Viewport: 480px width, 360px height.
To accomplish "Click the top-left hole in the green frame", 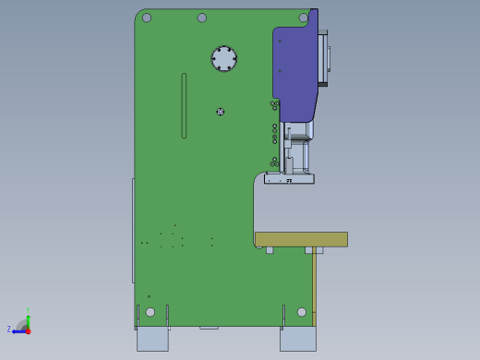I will click(x=146, y=18).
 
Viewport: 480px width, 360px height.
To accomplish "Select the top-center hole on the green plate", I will click(x=202, y=18).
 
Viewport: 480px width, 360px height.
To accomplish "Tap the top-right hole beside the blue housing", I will click(x=303, y=18).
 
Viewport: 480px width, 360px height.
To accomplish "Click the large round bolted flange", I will click(x=223, y=58).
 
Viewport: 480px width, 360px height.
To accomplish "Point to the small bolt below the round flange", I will click(x=221, y=112).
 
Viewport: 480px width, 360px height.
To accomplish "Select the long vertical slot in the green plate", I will click(x=184, y=105).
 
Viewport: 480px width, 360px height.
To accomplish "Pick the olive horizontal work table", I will click(x=301, y=239).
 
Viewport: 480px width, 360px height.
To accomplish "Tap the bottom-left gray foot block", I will click(x=152, y=339).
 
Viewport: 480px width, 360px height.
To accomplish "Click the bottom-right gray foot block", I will click(x=297, y=339).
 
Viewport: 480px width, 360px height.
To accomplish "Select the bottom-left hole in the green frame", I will click(x=150, y=312).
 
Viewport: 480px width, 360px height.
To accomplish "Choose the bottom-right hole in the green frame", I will click(x=302, y=312).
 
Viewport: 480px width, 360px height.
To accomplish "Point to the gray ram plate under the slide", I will click(x=289, y=179).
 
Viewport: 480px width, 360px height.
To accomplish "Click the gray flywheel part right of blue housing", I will click(x=323, y=57).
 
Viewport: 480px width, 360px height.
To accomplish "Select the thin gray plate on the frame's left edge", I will click(x=133, y=231).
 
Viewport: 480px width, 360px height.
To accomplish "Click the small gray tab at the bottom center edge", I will click(x=209, y=327).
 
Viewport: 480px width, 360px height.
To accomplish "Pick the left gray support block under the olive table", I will click(x=270, y=249).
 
